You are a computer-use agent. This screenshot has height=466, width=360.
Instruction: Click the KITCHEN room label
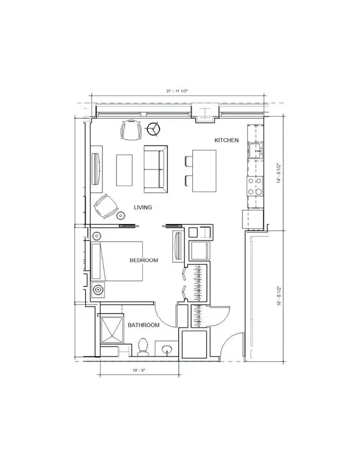[x=227, y=140]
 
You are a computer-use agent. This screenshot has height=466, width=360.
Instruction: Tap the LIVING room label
[x=143, y=207]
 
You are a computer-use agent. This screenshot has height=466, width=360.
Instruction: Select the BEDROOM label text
[x=144, y=260]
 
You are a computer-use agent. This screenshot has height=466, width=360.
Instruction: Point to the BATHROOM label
[x=143, y=325]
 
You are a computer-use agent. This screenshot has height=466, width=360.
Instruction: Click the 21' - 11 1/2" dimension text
[x=177, y=91]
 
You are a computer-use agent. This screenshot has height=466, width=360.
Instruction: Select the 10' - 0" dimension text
[x=139, y=370]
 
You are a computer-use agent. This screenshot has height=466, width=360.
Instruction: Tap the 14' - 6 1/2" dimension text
[x=279, y=173]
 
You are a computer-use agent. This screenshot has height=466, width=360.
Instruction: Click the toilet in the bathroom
[x=143, y=347]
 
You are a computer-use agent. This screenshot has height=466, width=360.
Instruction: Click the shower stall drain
[x=112, y=336]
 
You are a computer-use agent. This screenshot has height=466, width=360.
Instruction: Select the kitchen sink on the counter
[x=256, y=150]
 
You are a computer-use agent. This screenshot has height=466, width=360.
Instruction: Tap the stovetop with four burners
[x=255, y=186]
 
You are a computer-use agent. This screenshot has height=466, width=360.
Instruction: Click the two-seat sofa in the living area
[x=156, y=169]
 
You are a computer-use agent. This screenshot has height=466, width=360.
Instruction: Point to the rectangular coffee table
[x=124, y=170]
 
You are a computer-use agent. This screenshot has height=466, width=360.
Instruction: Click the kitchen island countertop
[x=204, y=171]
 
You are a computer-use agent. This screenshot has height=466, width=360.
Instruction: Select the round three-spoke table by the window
[x=153, y=129]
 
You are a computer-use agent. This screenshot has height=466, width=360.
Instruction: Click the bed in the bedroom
[x=117, y=261]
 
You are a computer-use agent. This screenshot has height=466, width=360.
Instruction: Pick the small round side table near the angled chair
[x=121, y=215]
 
